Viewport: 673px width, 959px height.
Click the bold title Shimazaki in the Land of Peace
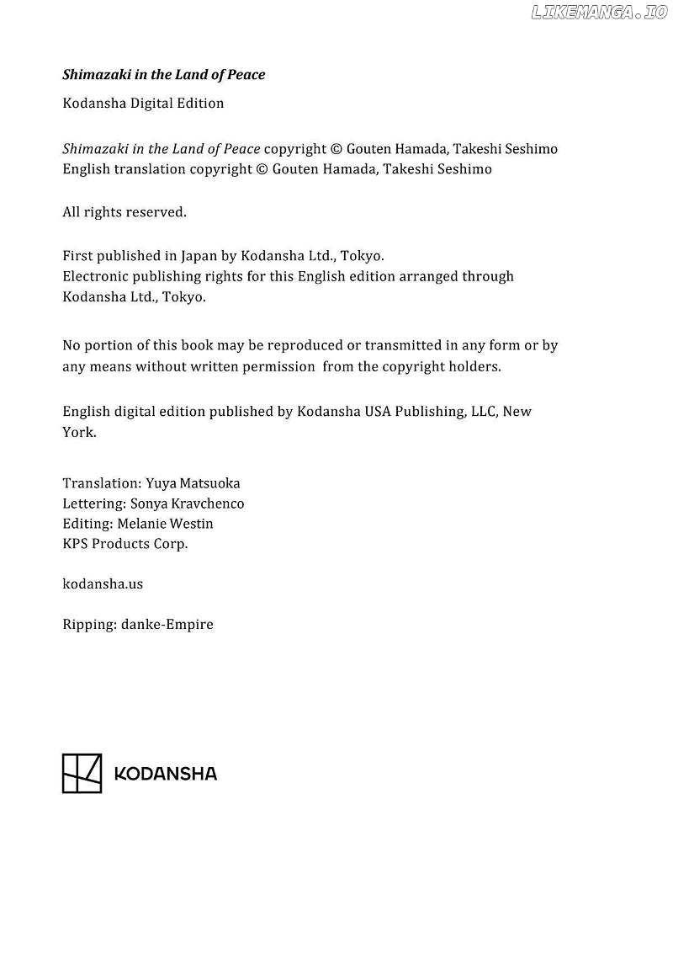pyautogui.click(x=164, y=75)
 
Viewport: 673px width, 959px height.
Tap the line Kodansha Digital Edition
pyautogui.click(x=143, y=104)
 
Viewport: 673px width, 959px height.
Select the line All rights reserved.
pyautogui.click(x=125, y=212)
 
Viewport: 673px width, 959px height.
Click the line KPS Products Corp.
pyautogui.click(x=125, y=544)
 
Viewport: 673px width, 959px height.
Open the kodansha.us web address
pyautogui.click(x=103, y=583)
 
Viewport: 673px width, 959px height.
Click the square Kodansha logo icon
pyautogui.click(x=82, y=773)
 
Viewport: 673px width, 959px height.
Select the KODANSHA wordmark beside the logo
pyautogui.click(x=165, y=774)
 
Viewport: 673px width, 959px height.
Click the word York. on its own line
pyautogui.click(x=79, y=433)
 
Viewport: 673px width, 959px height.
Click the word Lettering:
pyautogui.click(x=93, y=503)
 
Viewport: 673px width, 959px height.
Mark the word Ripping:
pyautogui.click(x=87, y=625)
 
